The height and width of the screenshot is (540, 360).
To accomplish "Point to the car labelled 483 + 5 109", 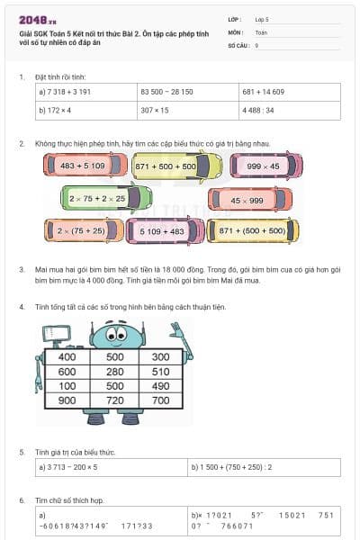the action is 82,166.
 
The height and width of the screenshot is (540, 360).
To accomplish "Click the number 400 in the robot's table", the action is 67,356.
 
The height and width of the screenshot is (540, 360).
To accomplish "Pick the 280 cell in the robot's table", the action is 114,371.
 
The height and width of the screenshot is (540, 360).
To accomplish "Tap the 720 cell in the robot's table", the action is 114,400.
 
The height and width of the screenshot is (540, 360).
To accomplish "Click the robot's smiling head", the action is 114,333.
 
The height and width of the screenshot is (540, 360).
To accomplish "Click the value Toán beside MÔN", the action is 261,31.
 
